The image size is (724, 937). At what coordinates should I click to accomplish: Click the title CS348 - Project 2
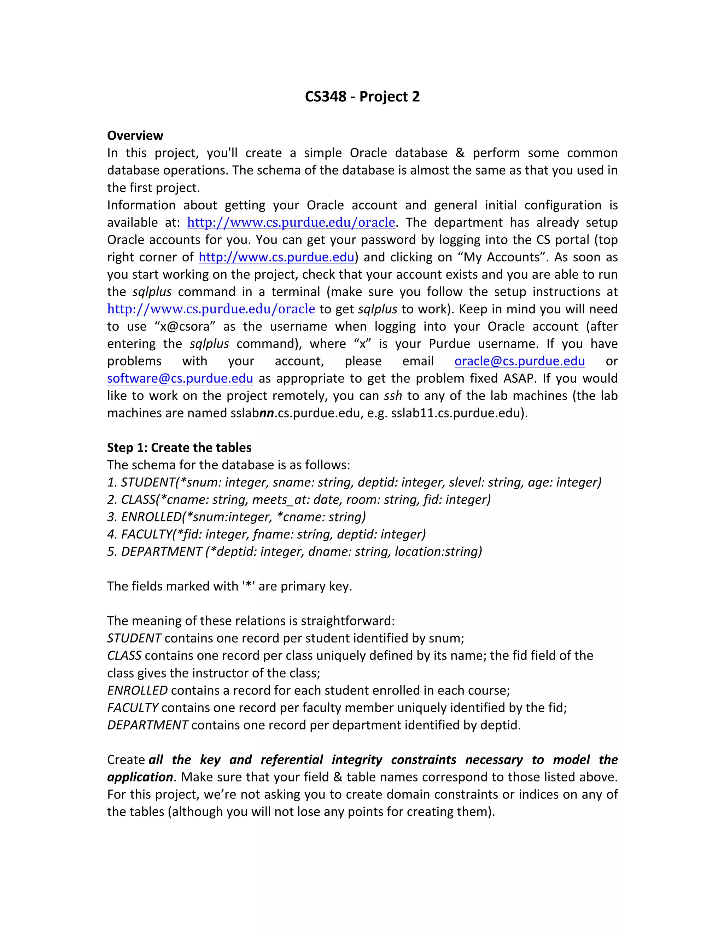[x=362, y=97]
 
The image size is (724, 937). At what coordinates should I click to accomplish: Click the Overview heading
[x=135, y=135]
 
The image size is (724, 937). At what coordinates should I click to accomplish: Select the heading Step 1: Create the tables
[x=179, y=448]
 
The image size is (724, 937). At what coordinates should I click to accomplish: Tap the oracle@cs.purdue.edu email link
[x=519, y=361]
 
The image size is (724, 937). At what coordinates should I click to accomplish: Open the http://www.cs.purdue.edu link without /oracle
[x=276, y=257]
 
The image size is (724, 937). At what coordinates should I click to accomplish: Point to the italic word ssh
[x=392, y=396]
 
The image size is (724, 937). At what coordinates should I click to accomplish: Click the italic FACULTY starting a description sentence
[x=133, y=708]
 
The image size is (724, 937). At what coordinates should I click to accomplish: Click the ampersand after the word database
[x=460, y=153]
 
